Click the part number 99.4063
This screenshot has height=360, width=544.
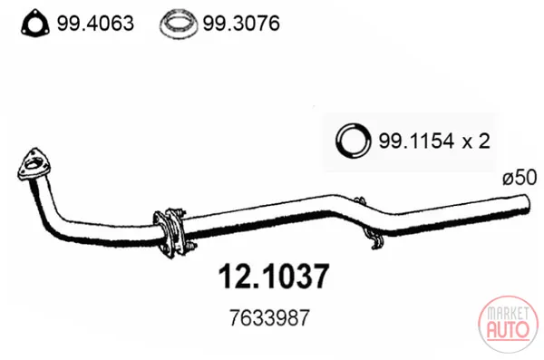coord(95,24)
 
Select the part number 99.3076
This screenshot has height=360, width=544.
coord(241,24)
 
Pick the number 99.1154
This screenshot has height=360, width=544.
coord(416,141)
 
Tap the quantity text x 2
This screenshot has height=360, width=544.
coord(476,141)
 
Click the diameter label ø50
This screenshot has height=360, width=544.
coord(520,178)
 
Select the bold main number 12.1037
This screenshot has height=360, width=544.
coord(274,277)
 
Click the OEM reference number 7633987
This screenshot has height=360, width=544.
coord(269,317)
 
